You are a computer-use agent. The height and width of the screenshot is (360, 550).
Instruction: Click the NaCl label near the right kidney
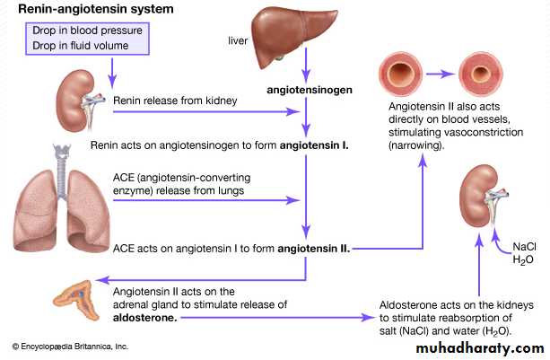[x=524, y=246]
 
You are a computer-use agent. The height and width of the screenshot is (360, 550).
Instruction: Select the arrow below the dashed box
[x=112, y=68]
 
